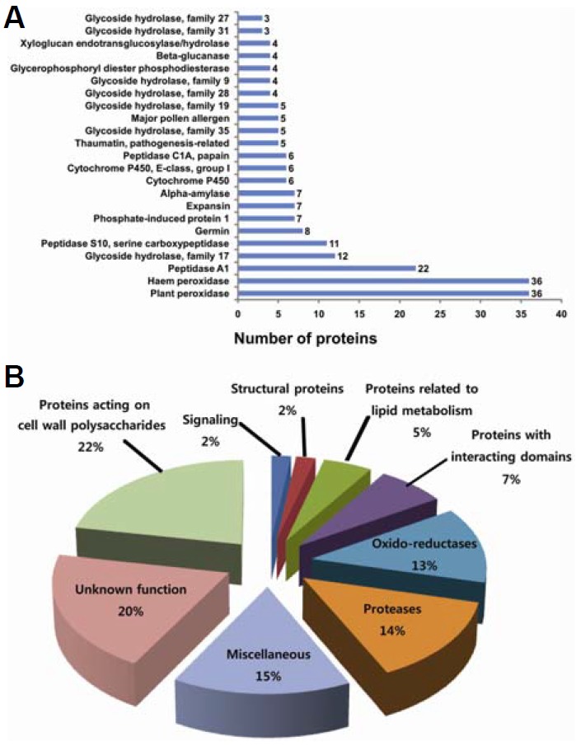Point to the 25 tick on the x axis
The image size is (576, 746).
point(439,313)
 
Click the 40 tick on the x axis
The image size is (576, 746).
point(560,313)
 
